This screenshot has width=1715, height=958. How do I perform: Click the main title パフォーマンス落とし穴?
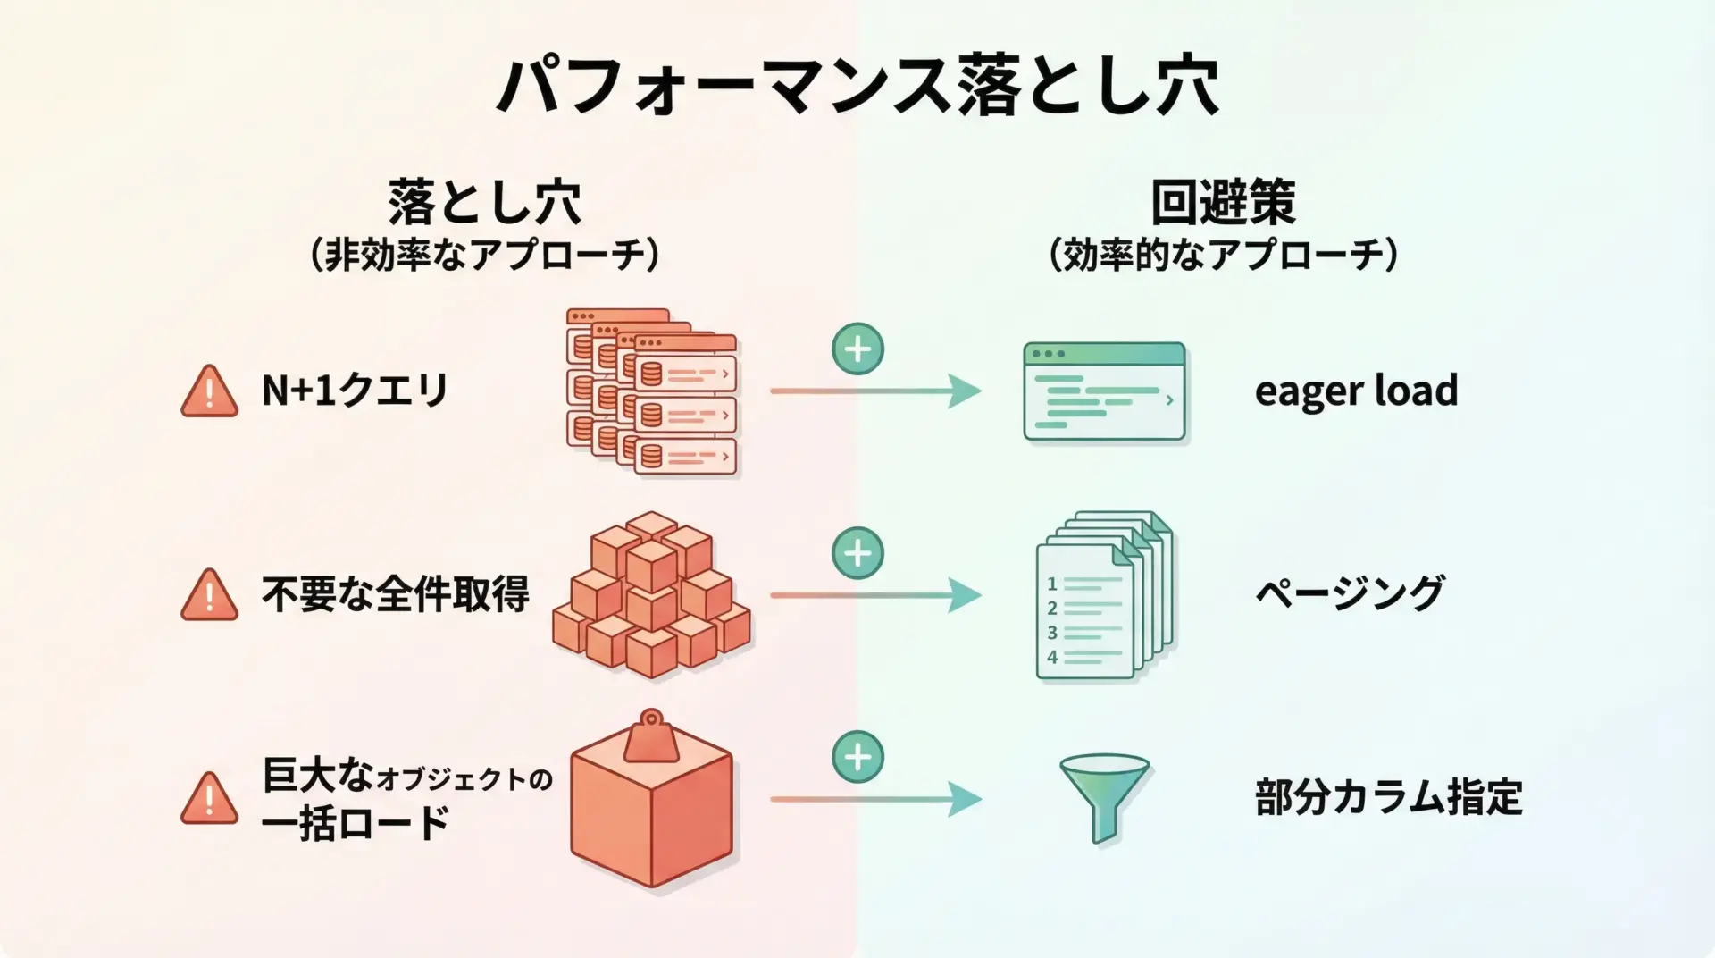point(857,87)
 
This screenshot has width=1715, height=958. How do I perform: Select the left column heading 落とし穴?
point(485,202)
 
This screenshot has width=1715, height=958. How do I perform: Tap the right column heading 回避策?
point(1223,202)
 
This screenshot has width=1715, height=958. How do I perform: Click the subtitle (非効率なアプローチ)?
point(485,256)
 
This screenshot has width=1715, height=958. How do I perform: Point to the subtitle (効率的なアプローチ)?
point(1223,256)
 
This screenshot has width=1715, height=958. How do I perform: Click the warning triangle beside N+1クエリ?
point(209,392)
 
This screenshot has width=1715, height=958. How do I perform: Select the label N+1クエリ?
point(355,391)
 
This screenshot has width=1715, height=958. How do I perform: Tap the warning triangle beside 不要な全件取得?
point(209,596)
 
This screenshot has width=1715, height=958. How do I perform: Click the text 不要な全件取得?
point(396,594)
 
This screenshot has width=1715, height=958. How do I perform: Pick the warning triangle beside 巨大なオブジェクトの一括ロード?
point(209,800)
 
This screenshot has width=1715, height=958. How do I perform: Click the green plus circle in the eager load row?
point(857,349)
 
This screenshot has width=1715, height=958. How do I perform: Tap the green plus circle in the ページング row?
point(857,553)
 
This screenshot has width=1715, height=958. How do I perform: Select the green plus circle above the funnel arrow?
point(857,757)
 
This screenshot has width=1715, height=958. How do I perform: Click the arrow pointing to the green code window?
point(875,391)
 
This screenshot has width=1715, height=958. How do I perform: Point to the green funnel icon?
point(1104,795)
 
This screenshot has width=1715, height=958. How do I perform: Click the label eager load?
point(1356,391)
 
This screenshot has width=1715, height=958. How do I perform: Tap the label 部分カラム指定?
point(1388,797)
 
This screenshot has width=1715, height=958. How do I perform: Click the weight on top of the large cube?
point(651,739)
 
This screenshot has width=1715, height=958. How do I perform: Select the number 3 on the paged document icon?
point(1052,633)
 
